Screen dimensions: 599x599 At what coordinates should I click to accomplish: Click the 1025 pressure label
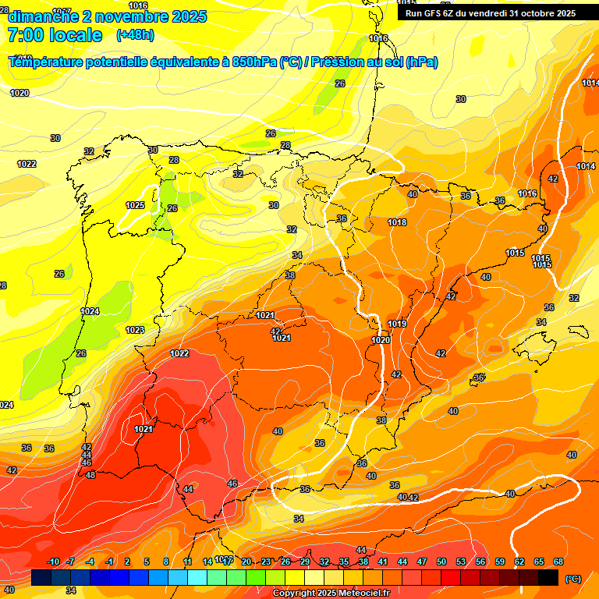click(x=135, y=205)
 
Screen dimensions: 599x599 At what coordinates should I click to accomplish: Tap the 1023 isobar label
click(x=135, y=330)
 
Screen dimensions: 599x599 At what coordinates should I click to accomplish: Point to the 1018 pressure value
click(x=397, y=222)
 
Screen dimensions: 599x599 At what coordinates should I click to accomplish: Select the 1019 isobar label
click(x=397, y=324)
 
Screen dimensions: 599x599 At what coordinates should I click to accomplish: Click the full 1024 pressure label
click(x=90, y=311)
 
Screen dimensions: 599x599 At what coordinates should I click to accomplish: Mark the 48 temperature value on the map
click(x=90, y=475)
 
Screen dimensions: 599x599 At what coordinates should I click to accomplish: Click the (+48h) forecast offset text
click(x=135, y=35)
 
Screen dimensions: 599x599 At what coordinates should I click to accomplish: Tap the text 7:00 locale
click(x=55, y=35)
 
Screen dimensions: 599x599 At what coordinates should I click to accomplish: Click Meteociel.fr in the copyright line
click(x=360, y=594)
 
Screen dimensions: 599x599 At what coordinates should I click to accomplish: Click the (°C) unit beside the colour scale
click(x=572, y=579)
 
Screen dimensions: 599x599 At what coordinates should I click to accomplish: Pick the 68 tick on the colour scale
click(x=558, y=562)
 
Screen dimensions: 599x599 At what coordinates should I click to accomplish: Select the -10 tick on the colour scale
click(x=53, y=562)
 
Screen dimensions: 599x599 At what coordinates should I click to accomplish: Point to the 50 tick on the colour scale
click(x=441, y=562)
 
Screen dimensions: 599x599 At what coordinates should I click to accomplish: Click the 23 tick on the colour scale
click(x=266, y=562)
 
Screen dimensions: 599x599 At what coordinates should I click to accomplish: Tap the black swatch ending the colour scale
click(x=548, y=577)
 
